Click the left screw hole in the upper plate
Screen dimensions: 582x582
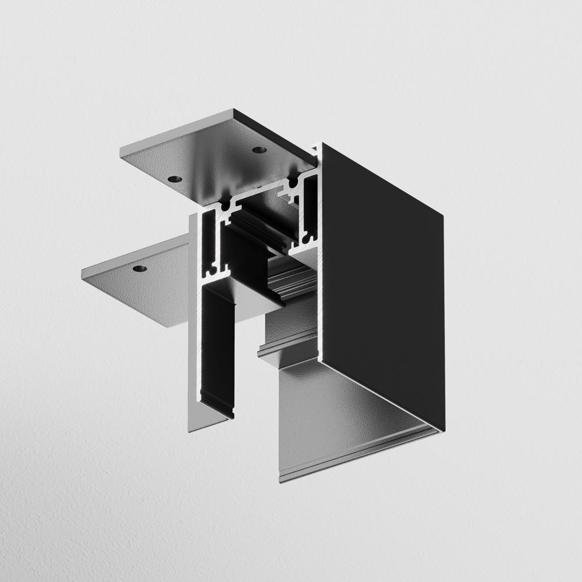[x=174, y=179]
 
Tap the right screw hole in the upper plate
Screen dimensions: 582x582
[x=259, y=150]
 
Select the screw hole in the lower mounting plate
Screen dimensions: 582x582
[x=139, y=268]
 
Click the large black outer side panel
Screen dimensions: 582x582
[x=381, y=279]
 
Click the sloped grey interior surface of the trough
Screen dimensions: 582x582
[x=343, y=407]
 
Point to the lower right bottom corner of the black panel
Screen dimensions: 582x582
[x=443, y=430]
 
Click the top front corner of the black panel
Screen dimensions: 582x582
[x=322, y=144]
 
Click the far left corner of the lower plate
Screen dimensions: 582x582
[x=81, y=274]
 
